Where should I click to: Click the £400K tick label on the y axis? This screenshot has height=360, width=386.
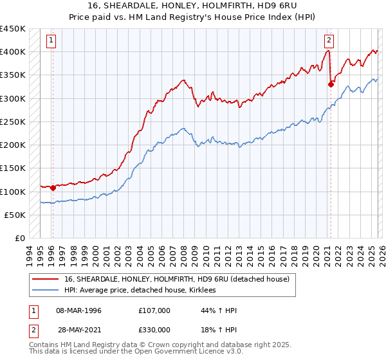click(x=13, y=52)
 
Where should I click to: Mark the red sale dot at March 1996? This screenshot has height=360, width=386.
click(x=53, y=188)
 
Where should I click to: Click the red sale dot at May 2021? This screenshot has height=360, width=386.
click(x=331, y=84)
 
